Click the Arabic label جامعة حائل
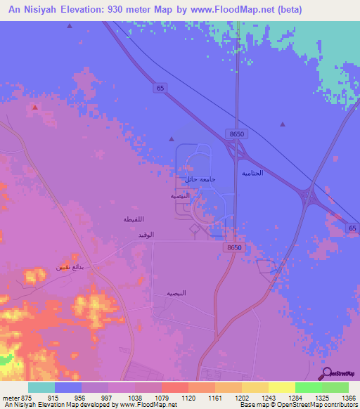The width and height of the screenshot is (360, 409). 200,179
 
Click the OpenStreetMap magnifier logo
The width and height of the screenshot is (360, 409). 326,374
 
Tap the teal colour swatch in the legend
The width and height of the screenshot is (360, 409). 41,387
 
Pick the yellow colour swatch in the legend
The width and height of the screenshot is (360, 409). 281,387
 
